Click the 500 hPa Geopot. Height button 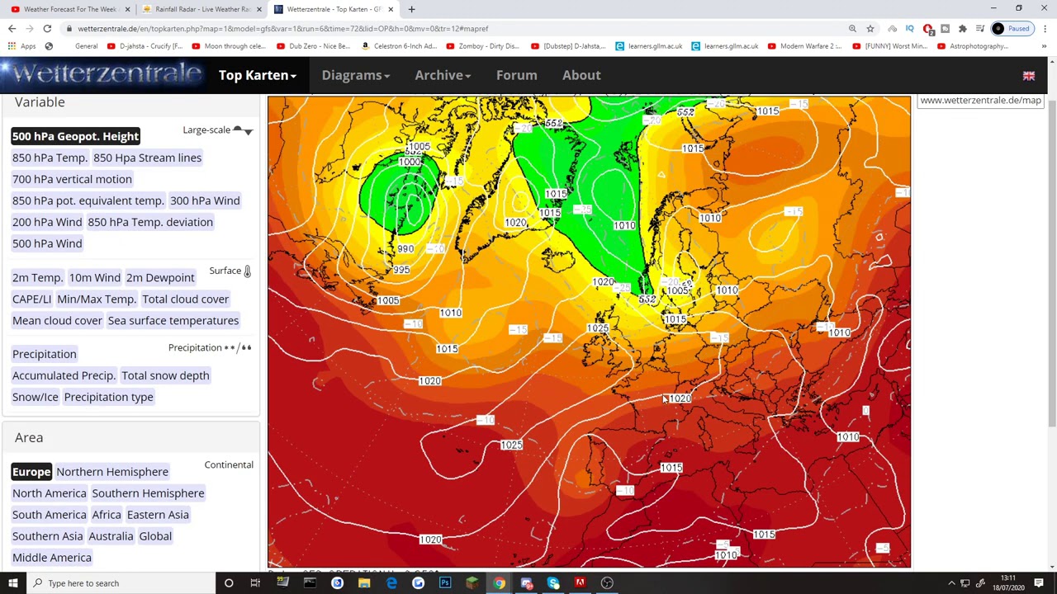point(75,136)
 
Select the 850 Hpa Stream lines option point(147,158)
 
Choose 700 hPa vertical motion point(72,179)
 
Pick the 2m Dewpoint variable point(160,278)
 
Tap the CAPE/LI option point(31,299)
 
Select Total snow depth point(165,375)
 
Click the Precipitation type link point(108,397)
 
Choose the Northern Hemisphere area point(112,472)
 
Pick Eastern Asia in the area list point(158,515)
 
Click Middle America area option point(52,558)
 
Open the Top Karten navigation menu point(257,75)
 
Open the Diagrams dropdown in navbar point(355,75)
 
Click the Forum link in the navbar point(516,75)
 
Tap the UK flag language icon point(1029,76)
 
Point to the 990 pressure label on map point(405,249)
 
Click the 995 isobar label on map point(401,270)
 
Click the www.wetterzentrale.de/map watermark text point(980,101)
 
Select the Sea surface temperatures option point(173,321)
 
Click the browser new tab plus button point(411,9)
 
